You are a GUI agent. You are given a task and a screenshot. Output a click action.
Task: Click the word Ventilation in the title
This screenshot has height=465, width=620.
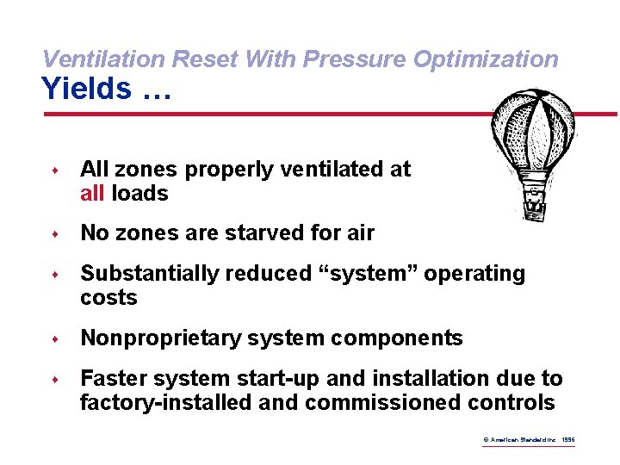104,59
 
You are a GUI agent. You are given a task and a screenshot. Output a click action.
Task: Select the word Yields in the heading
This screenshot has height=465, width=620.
86,89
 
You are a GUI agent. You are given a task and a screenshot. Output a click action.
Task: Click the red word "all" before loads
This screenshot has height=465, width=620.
92,194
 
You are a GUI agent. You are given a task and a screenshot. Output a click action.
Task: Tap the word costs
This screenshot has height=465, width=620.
108,298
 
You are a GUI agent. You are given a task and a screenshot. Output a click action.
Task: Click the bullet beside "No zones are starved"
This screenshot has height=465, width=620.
54,234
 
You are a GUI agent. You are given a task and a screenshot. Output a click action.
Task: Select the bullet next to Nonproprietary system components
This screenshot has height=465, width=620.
54,339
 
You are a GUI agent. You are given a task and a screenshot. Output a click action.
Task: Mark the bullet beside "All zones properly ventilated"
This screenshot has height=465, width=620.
54,170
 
